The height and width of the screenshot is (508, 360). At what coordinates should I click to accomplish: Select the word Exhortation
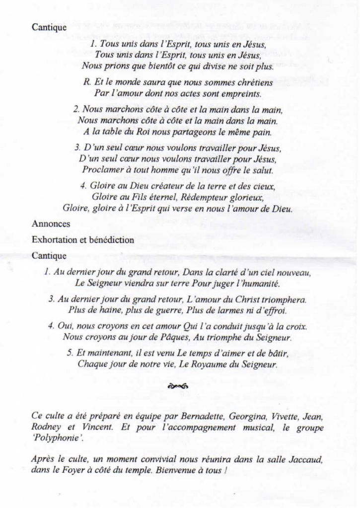(x=53, y=240)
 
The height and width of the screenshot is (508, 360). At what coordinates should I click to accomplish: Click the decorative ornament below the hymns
(x=177, y=385)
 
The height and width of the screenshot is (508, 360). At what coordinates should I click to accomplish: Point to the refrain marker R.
(x=86, y=82)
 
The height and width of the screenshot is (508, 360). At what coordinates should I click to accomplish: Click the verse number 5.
(x=69, y=353)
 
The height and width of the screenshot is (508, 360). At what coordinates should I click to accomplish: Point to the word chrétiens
(x=250, y=82)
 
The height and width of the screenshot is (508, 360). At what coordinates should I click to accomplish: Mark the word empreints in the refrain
(x=240, y=93)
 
